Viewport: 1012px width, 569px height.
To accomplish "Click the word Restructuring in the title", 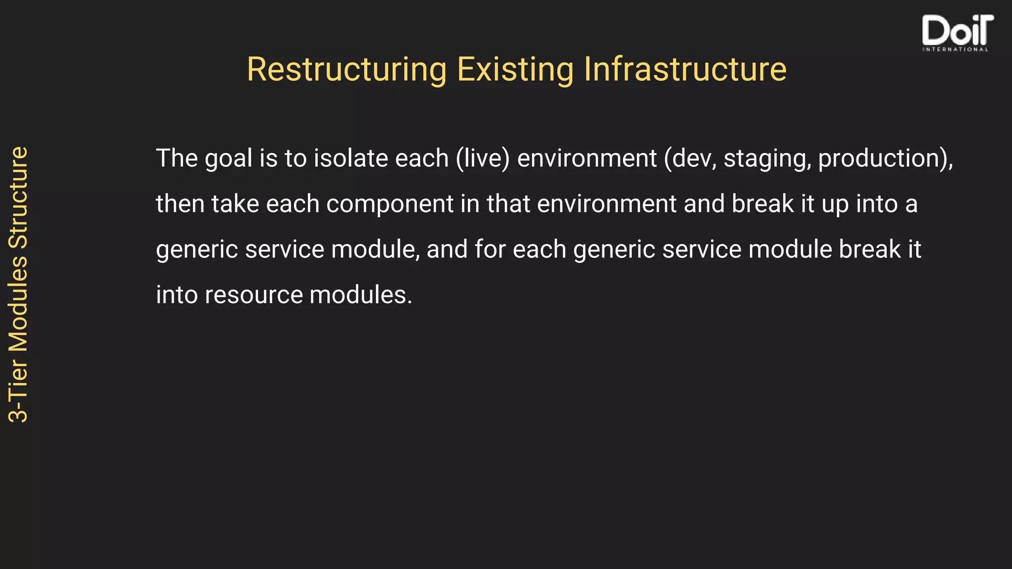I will pos(346,69).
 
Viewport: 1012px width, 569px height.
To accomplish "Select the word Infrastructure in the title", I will pos(685,69).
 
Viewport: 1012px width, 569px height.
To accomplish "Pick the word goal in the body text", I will pos(228,159).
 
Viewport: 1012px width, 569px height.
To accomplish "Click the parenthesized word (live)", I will pos(482,159).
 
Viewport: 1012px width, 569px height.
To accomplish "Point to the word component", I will pos(389,204).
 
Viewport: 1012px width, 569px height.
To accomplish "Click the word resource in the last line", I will pos(253,295).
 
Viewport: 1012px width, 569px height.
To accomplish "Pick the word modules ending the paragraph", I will pos(360,295).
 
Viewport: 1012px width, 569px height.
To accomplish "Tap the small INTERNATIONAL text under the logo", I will pos(955,49).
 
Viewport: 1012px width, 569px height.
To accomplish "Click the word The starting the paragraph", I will pos(176,159).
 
